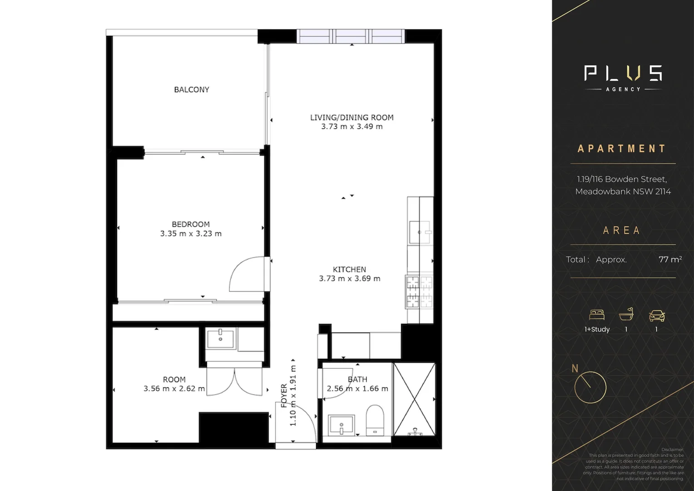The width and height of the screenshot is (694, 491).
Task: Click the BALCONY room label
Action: pos(191,90)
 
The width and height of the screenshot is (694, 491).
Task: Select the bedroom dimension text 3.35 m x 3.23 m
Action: pos(191,234)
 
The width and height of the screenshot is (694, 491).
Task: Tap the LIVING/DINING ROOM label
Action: pos(352,117)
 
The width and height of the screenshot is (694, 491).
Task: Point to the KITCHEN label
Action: pos(349,269)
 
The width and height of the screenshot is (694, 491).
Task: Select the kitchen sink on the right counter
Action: pos(420,232)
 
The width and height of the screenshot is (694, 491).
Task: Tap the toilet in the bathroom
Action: pos(375,420)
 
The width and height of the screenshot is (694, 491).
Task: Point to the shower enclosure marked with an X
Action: pos(414,399)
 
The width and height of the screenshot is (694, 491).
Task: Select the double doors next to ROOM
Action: pos(234,382)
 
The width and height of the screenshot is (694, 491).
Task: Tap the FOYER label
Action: pos(284,396)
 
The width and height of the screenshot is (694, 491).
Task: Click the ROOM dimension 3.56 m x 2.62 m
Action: pos(174,389)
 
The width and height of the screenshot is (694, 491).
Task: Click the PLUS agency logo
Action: pos(623,78)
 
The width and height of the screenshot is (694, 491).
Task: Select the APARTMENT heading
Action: pos(621,149)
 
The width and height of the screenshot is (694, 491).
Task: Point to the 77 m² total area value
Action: pos(670,260)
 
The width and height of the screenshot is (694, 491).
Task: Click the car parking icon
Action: pos(656,315)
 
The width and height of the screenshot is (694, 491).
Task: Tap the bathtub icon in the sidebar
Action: pos(626,315)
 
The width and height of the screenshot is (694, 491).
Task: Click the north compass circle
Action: pos(590,387)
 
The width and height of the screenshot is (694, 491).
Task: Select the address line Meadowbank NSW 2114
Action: pos(623,191)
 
